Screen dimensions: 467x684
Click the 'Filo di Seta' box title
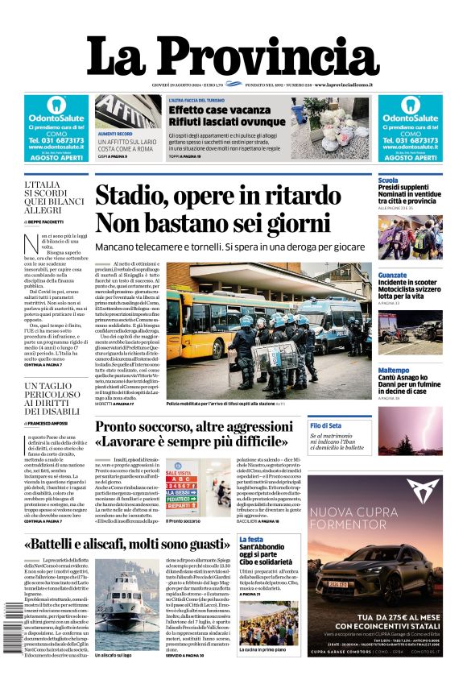(325, 425)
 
